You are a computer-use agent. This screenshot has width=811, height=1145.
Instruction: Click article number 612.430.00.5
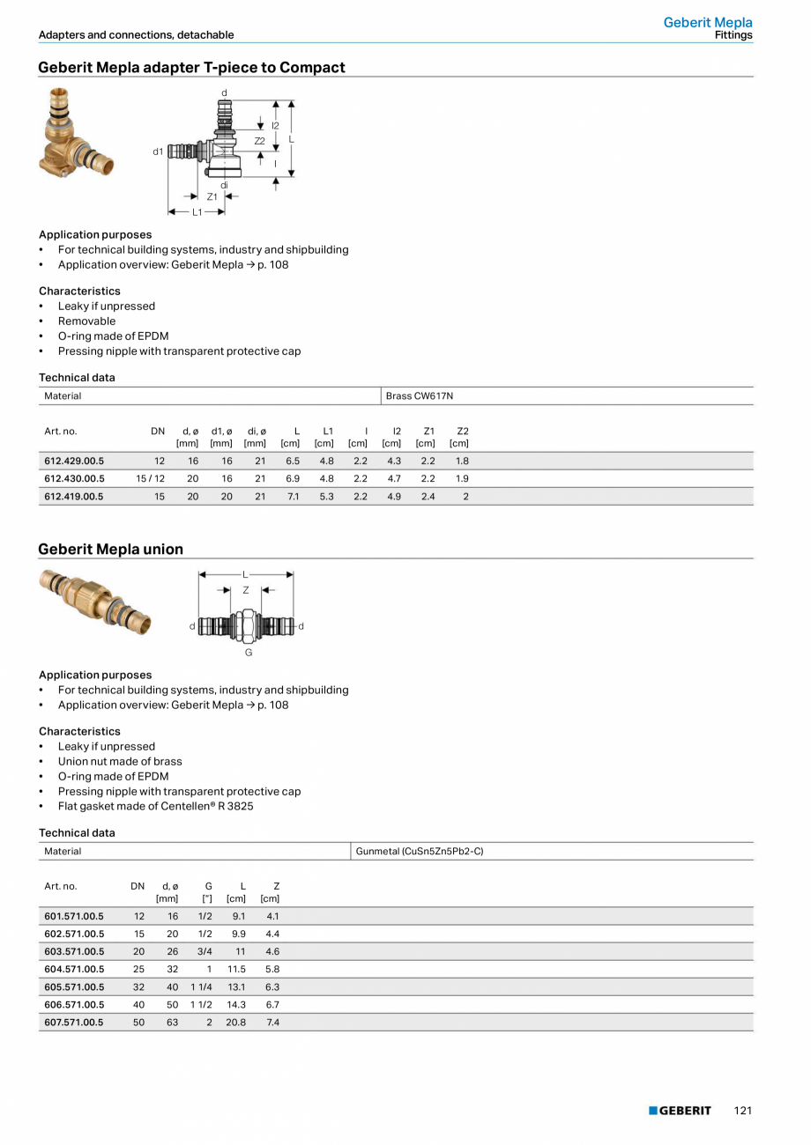[x=74, y=478]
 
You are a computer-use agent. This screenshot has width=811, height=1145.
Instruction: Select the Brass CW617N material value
[x=420, y=396]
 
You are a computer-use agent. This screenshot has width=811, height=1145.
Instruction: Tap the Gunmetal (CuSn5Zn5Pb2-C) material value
[x=420, y=851]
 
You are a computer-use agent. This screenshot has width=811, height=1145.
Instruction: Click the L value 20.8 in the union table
[x=235, y=1023]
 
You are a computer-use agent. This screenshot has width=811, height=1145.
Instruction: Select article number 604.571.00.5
[x=74, y=970]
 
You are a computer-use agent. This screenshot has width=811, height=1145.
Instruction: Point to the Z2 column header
[x=462, y=431]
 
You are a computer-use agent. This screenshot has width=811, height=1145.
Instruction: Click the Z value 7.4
[x=272, y=1023]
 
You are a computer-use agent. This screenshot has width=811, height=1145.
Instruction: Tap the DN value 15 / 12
[x=151, y=478]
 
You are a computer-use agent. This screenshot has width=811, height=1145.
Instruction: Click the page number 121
[x=742, y=1111]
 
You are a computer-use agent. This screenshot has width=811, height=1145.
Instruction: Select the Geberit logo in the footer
[x=680, y=1111]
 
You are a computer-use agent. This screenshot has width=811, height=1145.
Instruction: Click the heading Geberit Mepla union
[x=110, y=550]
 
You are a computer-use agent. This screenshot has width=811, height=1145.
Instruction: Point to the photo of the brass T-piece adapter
[x=71, y=132]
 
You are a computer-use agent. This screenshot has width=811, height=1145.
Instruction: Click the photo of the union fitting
[x=95, y=601]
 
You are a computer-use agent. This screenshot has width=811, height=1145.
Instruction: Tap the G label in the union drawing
[x=249, y=653]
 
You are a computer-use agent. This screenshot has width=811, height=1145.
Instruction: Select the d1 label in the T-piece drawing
[x=158, y=151]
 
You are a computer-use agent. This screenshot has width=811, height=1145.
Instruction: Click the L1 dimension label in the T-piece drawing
[x=197, y=212]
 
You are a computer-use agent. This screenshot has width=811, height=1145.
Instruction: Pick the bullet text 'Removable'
[x=86, y=321]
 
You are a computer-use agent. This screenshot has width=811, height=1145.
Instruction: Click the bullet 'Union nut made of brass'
[x=120, y=761]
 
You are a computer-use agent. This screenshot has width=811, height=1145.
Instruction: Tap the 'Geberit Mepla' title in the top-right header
[x=708, y=22]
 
